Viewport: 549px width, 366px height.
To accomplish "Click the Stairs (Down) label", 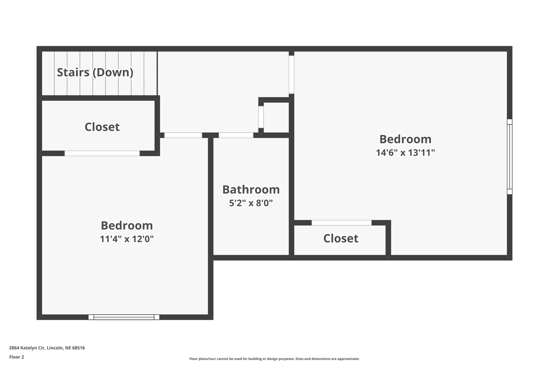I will (95, 72).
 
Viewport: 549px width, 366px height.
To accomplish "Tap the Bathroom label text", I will (251, 190).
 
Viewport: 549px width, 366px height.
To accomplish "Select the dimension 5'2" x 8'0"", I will (251, 203).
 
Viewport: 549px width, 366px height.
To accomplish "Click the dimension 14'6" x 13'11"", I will (405, 153).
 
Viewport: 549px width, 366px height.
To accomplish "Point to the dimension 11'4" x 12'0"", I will (127, 239).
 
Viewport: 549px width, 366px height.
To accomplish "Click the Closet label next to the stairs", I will (102, 127).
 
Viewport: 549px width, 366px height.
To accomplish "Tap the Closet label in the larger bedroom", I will (341, 238).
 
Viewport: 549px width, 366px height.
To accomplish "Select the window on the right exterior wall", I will (509, 157).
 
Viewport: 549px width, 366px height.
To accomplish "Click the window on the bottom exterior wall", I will (124, 317).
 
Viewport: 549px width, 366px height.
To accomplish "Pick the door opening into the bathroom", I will (236, 135).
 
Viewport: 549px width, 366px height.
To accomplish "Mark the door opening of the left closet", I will (102, 153).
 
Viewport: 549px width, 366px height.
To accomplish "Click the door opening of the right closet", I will (342, 223).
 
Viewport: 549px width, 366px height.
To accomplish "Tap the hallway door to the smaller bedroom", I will (183, 135).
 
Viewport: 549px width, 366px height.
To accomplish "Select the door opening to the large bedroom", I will (291, 75).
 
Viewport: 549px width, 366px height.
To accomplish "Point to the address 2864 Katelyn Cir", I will (47, 348).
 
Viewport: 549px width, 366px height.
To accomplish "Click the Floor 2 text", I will (17, 357).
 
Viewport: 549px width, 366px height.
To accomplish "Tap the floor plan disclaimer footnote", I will (274, 359).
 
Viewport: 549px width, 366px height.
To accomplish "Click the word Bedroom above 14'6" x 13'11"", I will (405, 139).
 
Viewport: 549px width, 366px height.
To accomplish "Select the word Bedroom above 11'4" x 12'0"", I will (127, 225).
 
